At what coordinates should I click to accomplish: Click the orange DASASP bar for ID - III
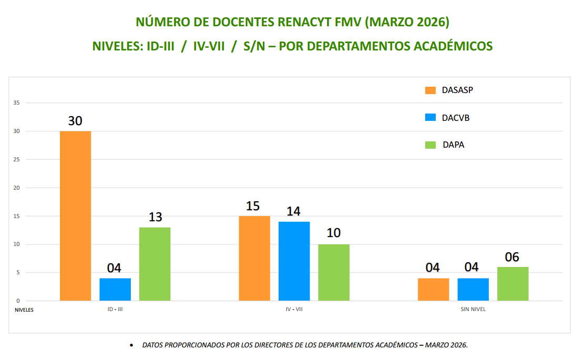(x=75, y=215)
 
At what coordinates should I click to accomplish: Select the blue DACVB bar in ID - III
(x=115, y=289)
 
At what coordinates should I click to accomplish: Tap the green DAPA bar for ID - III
(x=155, y=264)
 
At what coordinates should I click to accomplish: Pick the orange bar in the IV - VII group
(x=254, y=258)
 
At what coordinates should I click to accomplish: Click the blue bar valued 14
(x=294, y=261)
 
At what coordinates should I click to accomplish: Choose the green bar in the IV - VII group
(x=334, y=272)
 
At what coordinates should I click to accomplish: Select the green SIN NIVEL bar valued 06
(x=512, y=284)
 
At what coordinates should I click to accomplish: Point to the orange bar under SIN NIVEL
(x=433, y=289)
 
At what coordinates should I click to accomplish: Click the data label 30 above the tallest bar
(x=75, y=121)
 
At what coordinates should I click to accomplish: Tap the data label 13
(x=155, y=217)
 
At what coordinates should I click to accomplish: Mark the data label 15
(x=253, y=206)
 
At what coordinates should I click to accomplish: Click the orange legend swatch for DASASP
(x=430, y=90)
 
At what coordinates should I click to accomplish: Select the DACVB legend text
(x=456, y=118)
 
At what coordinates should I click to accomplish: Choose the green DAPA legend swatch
(x=430, y=145)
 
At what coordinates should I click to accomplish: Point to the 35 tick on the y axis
(x=17, y=103)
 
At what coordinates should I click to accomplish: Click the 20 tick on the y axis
(x=17, y=188)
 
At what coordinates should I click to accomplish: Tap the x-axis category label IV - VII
(x=294, y=310)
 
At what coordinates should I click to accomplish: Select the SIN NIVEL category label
(x=473, y=310)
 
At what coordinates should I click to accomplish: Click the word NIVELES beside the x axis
(x=24, y=310)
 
